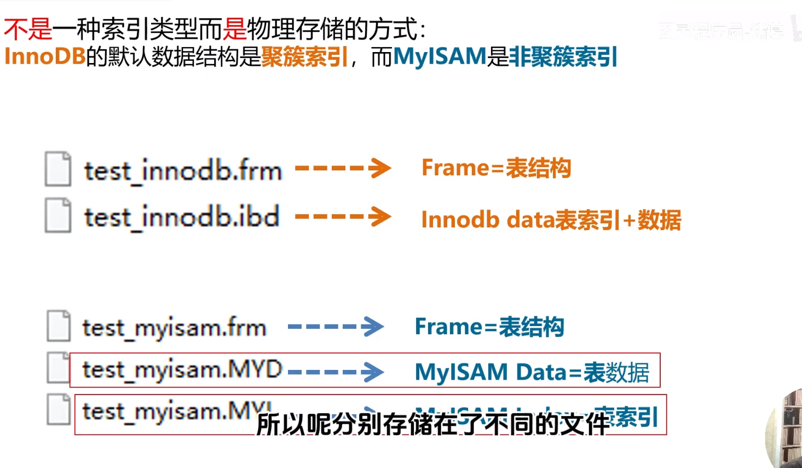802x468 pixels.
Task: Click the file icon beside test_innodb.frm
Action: (58, 169)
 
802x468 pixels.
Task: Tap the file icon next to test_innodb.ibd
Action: (58, 215)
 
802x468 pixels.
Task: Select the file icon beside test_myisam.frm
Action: (59, 326)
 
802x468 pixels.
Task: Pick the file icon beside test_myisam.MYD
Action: (58, 367)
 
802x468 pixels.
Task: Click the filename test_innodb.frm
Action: (183, 170)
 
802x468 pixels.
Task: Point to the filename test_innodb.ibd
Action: (182, 217)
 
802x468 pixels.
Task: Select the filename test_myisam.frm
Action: (174, 328)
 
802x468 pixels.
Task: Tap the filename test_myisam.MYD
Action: (182, 370)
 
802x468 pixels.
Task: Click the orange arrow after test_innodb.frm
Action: (343, 168)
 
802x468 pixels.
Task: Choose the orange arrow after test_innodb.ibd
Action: (343, 216)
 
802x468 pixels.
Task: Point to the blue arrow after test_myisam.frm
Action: (336, 327)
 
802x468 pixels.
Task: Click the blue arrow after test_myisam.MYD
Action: (336, 372)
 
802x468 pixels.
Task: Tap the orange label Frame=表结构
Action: (496, 168)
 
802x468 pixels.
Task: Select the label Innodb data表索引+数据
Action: (551, 220)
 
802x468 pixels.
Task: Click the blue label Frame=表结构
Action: (489, 327)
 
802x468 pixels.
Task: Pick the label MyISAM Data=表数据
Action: (532, 372)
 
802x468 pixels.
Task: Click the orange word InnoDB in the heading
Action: (45, 56)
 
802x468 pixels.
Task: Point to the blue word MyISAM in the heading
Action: (440, 56)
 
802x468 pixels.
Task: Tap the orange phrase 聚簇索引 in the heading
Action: (305, 56)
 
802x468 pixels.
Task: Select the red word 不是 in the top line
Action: (28, 29)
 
